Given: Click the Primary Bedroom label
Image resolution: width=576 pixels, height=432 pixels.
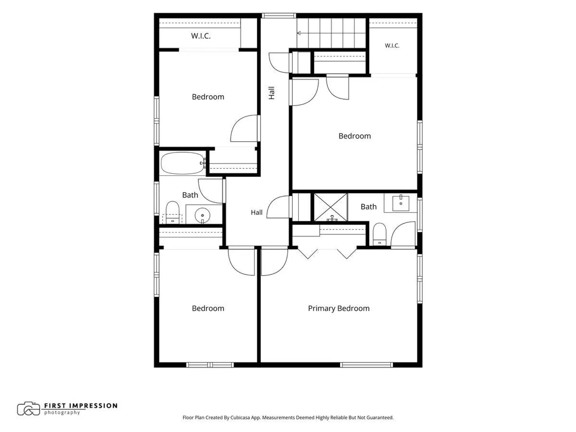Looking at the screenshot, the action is pyautogui.click(x=338, y=308).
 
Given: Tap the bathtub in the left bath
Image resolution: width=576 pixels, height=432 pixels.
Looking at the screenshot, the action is pyautogui.click(x=183, y=163).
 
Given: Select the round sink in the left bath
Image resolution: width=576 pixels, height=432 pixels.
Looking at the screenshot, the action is pyautogui.click(x=202, y=215).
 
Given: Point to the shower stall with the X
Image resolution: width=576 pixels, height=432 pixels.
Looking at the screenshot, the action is pyautogui.click(x=330, y=207).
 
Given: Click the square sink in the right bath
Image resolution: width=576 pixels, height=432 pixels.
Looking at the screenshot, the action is pyautogui.click(x=400, y=203).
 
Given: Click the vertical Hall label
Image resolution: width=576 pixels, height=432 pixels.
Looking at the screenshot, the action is pyautogui.click(x=271, y=93).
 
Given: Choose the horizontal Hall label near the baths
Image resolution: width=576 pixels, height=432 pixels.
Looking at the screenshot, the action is pyautogui.click(x=256, y=212).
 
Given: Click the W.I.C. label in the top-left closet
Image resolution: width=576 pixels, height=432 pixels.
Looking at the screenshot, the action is pyautogui.click(x=201, y=36).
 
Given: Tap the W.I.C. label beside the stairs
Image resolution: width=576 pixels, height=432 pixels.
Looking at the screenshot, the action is pyautogui.click(x=392, y=46).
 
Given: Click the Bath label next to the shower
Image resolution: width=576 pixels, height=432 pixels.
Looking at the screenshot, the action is pyautogui.click(x=368, y=207).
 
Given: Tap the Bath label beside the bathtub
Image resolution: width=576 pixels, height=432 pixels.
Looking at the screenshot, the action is pyautogui.click(x=190, y=195).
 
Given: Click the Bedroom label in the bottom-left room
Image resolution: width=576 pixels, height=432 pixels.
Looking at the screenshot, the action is pyautogui.click(x=208, y=308).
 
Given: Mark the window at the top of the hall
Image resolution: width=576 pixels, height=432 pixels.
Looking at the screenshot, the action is pyautogui.click(x=279, y=16).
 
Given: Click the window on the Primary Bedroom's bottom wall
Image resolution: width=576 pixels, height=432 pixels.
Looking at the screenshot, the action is pyautogui.click(x=366, y=365).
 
